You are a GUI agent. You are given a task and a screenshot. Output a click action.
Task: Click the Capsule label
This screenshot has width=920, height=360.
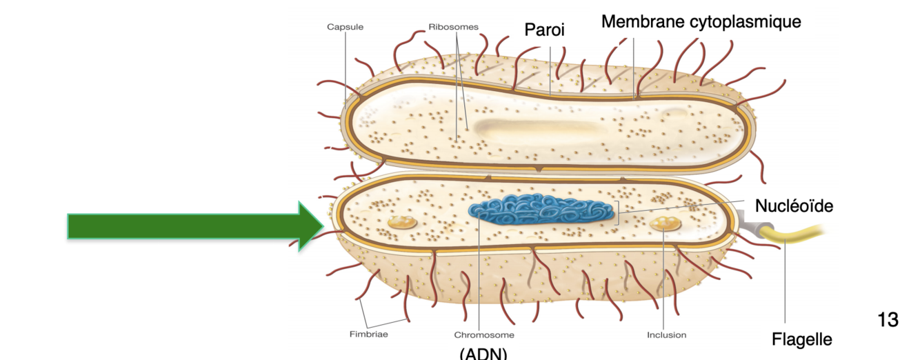[345, 28]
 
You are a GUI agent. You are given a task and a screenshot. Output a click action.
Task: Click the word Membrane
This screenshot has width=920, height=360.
[643, 21]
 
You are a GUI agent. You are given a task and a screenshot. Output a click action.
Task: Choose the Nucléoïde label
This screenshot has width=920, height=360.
[794, 206]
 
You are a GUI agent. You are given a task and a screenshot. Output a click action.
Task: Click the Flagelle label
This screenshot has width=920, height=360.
[801, 339]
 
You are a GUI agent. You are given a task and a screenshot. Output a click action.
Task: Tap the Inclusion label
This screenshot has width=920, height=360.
[666, 335]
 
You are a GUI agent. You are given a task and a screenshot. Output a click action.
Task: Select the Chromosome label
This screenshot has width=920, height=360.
[483, 335]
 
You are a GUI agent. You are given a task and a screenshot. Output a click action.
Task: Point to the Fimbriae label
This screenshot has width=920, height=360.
[369, 335]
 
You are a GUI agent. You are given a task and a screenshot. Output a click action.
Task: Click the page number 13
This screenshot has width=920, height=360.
[888, 320]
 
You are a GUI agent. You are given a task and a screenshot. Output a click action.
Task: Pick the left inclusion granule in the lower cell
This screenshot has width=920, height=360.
[401, 222]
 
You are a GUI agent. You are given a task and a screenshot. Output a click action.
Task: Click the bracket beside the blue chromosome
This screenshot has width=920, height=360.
[616, 212]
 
